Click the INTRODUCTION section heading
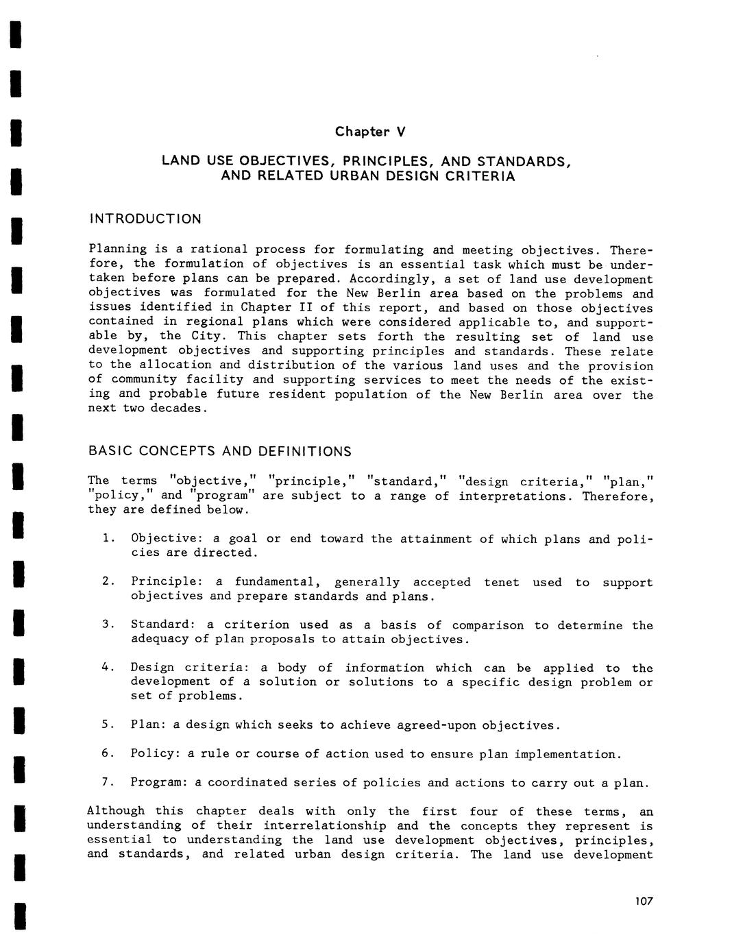point(145,219)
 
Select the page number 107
point(644,901)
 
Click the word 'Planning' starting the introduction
point(117,250)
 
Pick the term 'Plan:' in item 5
point(147,725)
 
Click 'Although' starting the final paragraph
point(116,812)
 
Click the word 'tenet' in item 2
point(501,583)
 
